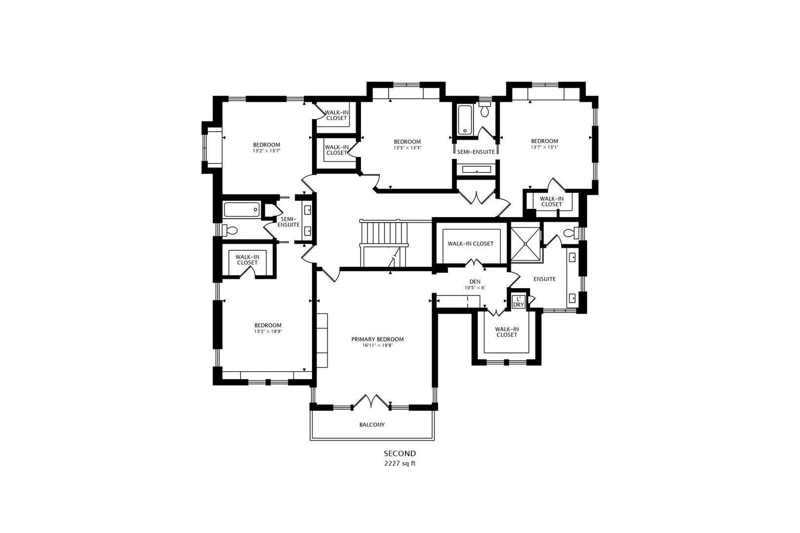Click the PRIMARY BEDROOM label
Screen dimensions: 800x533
coord(377,339)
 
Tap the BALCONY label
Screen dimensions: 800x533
coord(372,425)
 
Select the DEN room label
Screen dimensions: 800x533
coord(475,282)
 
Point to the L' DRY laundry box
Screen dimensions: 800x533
coord(518,302)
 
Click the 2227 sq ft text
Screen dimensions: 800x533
coord(400,464)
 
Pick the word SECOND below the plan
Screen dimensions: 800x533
coord(400,454)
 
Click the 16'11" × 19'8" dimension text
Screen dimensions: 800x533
coord(377,345)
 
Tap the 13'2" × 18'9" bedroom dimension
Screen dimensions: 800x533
coord(268,332)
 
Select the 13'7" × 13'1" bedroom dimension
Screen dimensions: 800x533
coord(544,147)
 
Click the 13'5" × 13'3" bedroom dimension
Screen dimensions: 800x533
coord(407,148)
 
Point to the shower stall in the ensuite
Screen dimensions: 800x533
coord(526,243)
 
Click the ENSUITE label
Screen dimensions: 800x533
coord(545,279)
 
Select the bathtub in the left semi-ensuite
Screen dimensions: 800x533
coord(242,210)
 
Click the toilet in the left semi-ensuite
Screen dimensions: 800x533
coord(230,230)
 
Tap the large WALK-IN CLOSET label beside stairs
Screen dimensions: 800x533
coord(471,244)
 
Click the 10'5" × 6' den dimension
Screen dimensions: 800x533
coord(475,288)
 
